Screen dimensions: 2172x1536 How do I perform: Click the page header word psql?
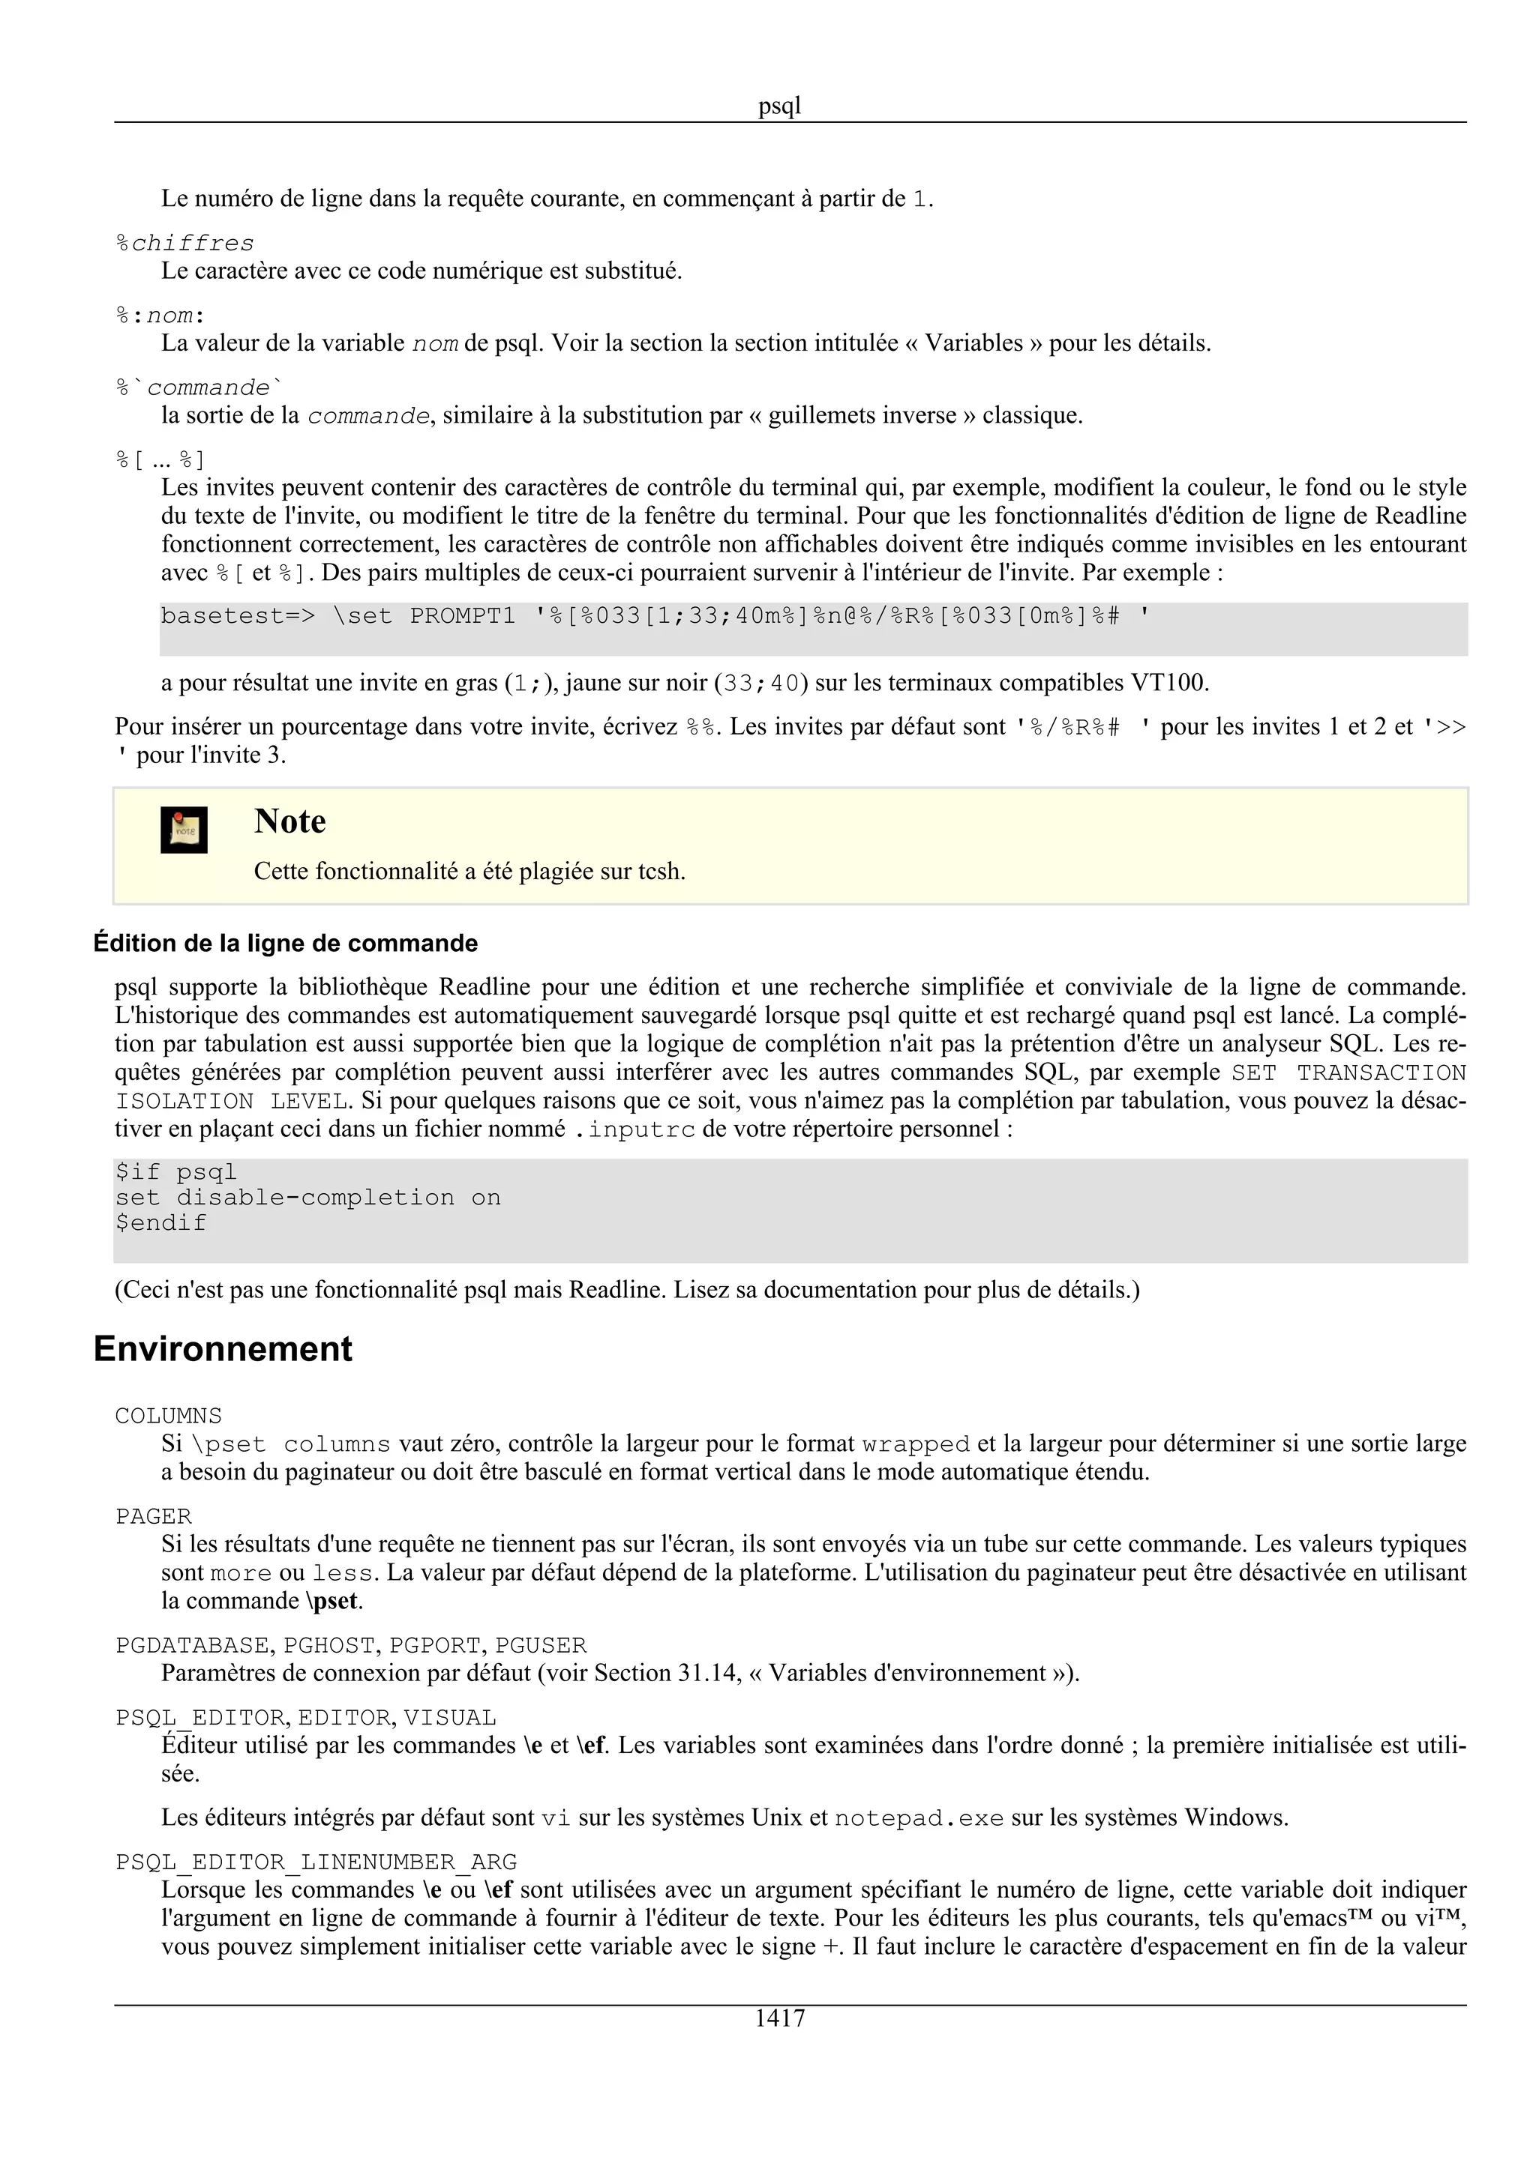click(779, 106)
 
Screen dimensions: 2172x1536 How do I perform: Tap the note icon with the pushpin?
click(184, 830)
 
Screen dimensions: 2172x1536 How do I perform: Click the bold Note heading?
click(289, 821)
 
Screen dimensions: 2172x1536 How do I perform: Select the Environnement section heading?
click(223, 1348)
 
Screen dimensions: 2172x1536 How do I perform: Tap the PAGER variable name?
click(153, 1516)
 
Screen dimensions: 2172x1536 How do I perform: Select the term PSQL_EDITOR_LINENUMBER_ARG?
click(316, 1862)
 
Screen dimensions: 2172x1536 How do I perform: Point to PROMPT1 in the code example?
click(462, 617)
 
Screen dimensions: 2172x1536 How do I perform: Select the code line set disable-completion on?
click(307, 1198)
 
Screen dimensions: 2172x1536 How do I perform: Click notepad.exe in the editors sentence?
click(918, 1818)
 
